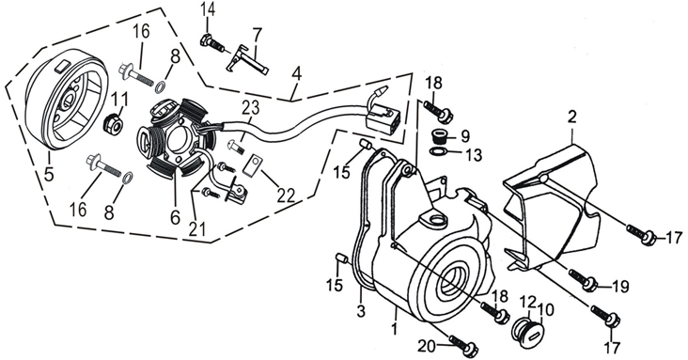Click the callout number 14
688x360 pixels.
coord(209,9)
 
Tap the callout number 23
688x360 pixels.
coord(251,107)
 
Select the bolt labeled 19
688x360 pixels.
coord(583,279)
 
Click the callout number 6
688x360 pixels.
coord(175,216)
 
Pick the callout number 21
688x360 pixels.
coord(198,228)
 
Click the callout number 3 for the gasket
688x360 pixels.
coord(361,310)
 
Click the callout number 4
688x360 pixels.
coord(297,73)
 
